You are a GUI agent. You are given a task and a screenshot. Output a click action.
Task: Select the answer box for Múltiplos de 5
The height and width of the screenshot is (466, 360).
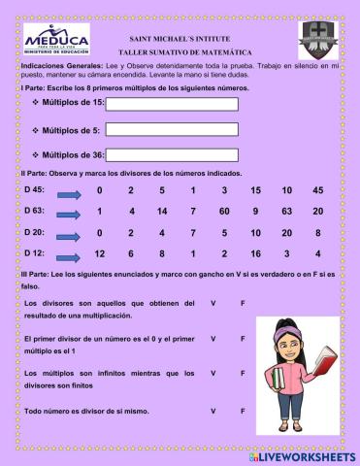(171, 129)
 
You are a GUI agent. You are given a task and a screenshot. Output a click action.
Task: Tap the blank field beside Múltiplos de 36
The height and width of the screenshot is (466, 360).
(171, 153)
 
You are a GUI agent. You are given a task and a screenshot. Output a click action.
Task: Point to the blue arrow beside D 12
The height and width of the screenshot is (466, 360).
(68, 254)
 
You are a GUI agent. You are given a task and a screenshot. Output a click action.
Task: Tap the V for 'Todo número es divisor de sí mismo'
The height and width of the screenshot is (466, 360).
(213, 413)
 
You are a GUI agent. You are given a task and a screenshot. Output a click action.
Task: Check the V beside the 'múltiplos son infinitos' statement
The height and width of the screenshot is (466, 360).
(213, 373)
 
